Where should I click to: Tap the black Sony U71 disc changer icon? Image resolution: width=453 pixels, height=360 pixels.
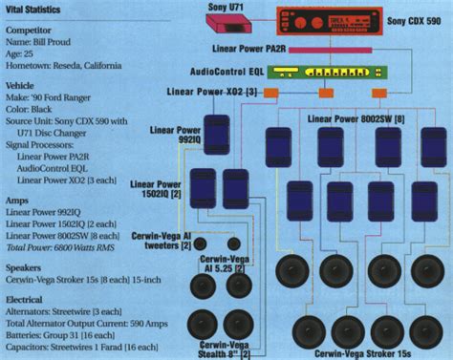pos(236,20)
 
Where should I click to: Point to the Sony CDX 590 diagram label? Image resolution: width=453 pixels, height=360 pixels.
pos(414,20)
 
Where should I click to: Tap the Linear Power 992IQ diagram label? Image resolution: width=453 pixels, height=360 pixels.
pos(173,135)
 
